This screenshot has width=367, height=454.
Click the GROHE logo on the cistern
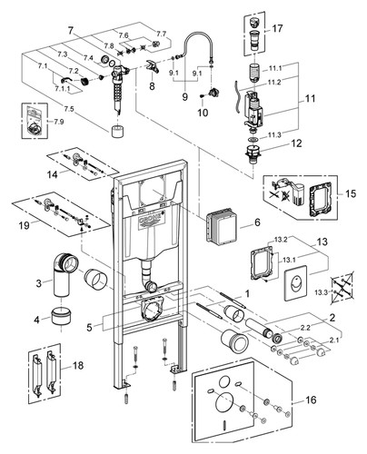point(150,221)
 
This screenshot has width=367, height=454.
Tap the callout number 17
point(277,28)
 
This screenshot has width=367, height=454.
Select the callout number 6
point(257,222)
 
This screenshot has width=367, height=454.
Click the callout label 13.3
point(321,292)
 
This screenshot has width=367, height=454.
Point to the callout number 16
point(311,400)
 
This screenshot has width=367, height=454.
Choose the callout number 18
point(78,365)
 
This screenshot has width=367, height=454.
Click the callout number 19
point(25,226)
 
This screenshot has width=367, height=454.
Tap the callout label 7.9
point(59,122)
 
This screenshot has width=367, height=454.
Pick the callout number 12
point(297,143)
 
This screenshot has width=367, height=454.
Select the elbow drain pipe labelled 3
point(65,273)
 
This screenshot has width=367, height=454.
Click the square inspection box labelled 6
point(222,228)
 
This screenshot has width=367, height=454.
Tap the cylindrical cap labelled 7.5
point(116,132)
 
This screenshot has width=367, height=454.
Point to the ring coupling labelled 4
point(61,316)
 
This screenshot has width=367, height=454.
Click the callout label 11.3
point(274,135)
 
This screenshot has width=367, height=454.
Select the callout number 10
point(203,113)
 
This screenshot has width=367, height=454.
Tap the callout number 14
point(53,174)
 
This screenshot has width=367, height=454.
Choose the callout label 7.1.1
point(62,88)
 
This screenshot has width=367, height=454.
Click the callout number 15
point(351,193)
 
